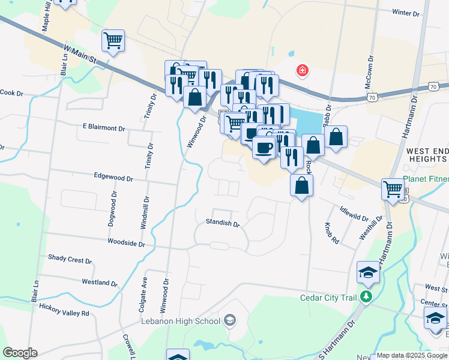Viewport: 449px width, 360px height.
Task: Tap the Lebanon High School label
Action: pyautogui.click(x=181, y=321)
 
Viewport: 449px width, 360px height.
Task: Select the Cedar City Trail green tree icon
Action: pyautogui.click(x=366, y=297)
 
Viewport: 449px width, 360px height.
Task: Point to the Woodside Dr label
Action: pyautogui.click(x=126, y=243)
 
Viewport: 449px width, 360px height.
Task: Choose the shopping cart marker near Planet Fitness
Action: pyautogui.click(x=393, y=189)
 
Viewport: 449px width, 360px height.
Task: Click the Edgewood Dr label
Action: pyautogui.click(x=113, y=177)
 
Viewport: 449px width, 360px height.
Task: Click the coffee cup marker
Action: pyautogui.click(x=263, y=148)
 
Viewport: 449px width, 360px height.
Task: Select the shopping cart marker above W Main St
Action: pyautogui.click(x=113, y=41)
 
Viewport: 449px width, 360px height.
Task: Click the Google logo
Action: pyautogui.click(x=20, y=353)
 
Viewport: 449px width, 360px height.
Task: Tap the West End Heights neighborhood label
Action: pyautogui.click(x=426, y=155)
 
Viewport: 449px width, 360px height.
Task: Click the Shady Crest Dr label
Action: pyautogui.click(x=70, y=259)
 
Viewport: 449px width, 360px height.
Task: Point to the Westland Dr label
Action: pyautogui.click(x=100, y=282)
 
